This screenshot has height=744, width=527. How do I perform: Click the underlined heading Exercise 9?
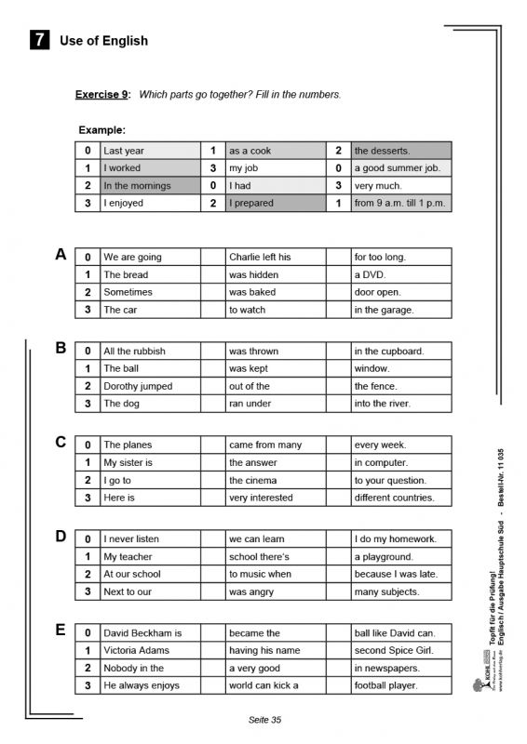[102, 94]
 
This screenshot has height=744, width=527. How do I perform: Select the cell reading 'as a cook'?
[275, 151]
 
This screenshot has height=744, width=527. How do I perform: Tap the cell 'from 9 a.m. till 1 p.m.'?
[400, 203]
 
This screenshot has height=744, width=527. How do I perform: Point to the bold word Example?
[101, 130]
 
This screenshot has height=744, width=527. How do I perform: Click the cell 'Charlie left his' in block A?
[275, 257]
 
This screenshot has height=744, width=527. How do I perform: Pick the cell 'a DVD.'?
[400, 274]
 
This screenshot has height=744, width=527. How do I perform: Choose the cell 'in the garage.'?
[400, 310]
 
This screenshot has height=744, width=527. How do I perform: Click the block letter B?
[61, 348]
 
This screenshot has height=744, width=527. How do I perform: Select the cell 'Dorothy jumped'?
[149, 386]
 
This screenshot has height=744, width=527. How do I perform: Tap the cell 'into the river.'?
[400, 404]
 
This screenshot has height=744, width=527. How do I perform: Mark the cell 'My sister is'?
[149, 462]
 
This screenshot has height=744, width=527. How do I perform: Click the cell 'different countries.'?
[400, 498]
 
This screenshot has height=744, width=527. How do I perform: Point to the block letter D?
[61, 537]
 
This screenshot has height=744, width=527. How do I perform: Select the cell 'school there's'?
[275, 556]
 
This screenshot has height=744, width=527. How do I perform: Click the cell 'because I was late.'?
[400, 574]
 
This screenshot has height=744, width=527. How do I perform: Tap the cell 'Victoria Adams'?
[149, 650]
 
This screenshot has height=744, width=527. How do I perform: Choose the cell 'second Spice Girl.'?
[400, 650]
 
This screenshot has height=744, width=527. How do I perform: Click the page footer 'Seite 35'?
[264, 720]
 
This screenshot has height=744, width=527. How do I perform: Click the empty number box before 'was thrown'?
[212, 351]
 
